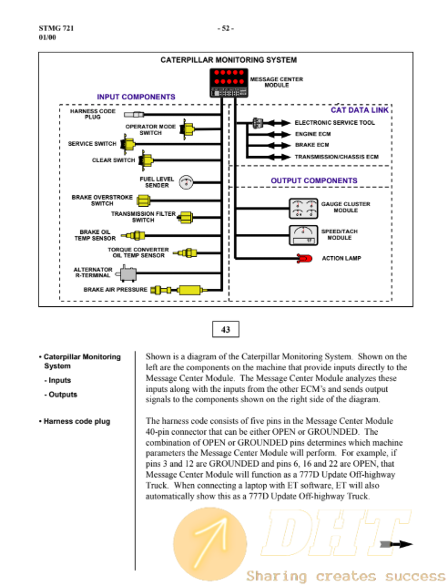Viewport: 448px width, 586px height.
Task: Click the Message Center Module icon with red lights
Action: pos(229,83)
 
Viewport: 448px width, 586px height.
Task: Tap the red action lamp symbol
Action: pos(305,258)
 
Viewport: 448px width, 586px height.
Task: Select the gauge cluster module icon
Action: pos(303,209)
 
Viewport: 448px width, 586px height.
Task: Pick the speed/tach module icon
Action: pos(303,235)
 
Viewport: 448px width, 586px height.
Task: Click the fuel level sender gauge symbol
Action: pos(186,182)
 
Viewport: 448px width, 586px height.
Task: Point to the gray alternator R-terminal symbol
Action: pos(127,273)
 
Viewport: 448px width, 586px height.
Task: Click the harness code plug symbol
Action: pos(134,114)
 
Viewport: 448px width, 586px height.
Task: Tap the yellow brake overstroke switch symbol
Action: pos(143,200)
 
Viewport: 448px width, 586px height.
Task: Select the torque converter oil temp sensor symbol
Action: pos(188,252)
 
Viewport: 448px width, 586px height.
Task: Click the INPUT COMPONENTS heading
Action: pos(136,97)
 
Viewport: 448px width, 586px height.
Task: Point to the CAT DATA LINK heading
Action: pos(360,110)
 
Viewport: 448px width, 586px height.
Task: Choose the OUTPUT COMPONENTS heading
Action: pos(314,180)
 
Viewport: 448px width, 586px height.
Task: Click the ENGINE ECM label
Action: pos(313,134)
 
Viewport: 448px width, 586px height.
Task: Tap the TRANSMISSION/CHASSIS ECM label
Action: pos(336,157)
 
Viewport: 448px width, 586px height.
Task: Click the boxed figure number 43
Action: pos(226,329)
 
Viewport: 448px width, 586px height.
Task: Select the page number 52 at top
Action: pos(226,28)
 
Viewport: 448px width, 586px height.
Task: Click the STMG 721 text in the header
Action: pos(56,28)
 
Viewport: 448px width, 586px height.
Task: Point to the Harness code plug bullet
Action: pos(75,421)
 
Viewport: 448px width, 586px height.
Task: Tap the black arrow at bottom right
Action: pos(396,544)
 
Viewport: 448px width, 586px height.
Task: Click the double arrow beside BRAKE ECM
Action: pos(277,146)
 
